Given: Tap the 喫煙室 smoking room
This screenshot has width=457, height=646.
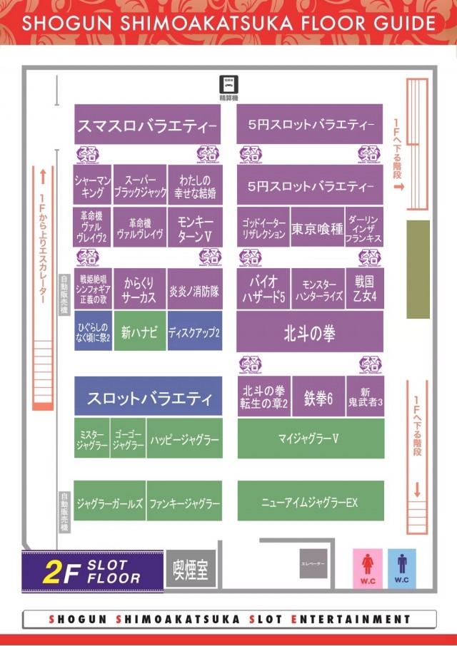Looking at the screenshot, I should [x=191, y=570].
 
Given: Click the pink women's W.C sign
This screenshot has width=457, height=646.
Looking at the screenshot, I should [x=368, y=566].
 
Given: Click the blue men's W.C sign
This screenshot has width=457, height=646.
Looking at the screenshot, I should [x=402, y=566].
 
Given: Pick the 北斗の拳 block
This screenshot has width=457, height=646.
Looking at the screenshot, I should [x=309, y=332].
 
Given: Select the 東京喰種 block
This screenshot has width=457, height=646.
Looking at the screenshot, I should [x=317, y=230].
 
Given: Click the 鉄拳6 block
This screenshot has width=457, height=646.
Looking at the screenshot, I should [x=318, y=398].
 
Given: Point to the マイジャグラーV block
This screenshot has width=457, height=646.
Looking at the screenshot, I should [x=310, y=438].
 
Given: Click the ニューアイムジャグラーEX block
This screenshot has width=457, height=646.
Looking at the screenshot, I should [x=310, y=501].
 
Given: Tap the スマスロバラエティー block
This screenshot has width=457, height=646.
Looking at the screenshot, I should [x=147, y=126].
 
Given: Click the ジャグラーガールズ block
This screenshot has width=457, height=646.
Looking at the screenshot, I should [x=109, y=502].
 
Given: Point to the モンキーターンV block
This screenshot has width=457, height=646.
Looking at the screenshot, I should [x=194, y=227].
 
